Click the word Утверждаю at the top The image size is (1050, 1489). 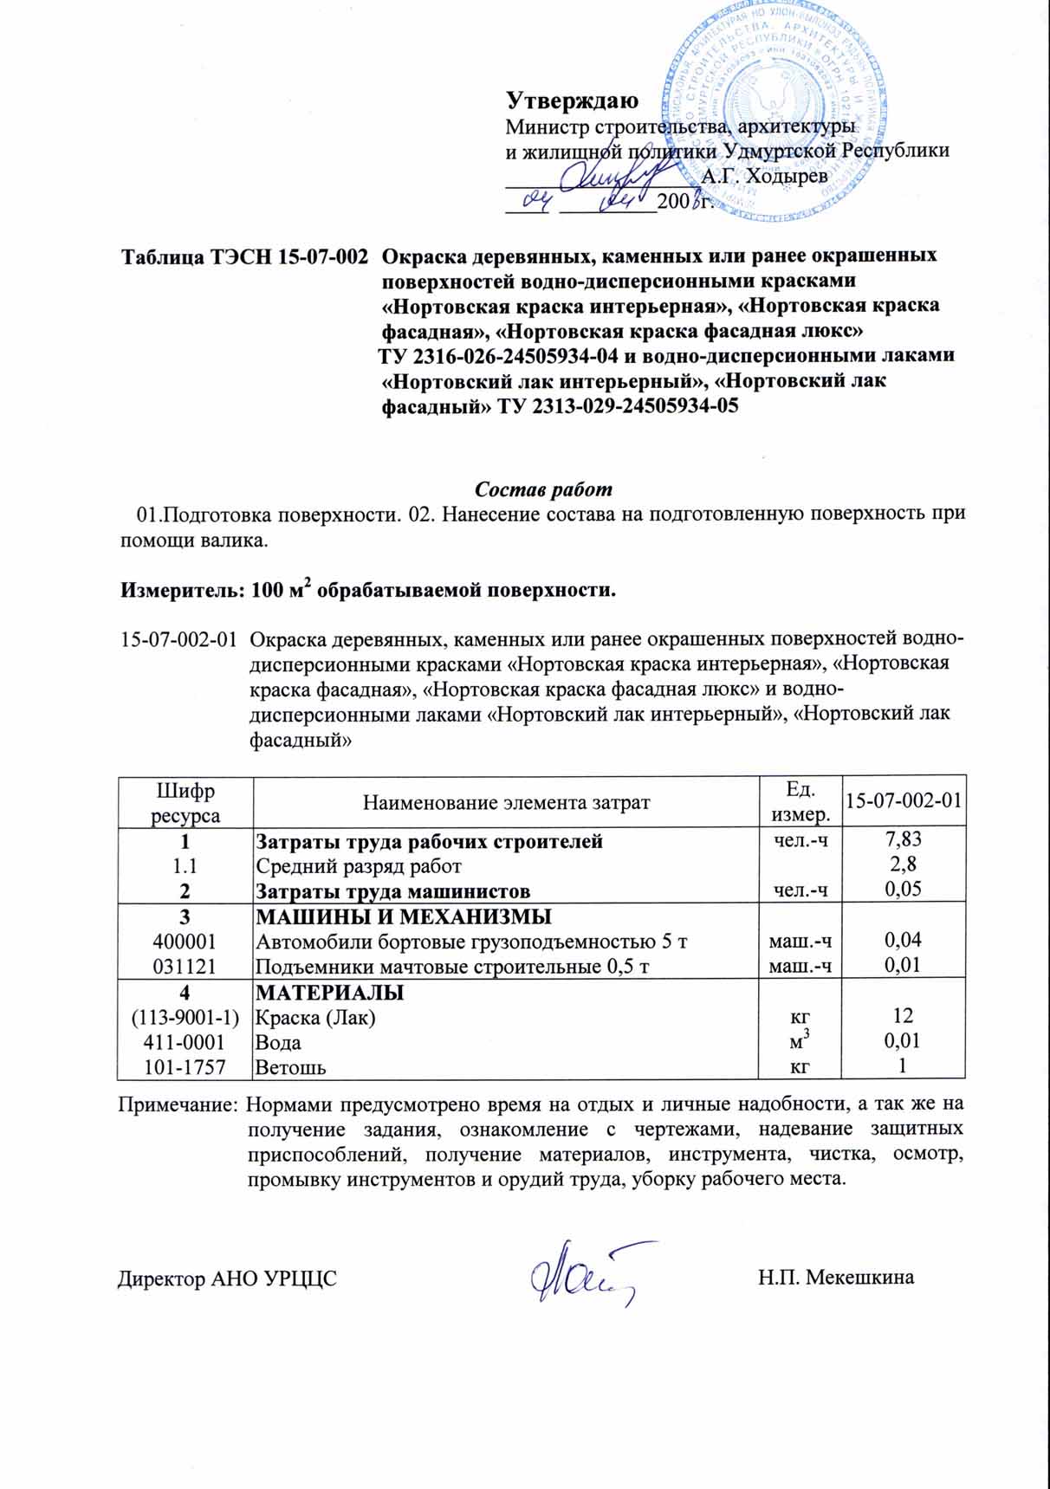point(572,100)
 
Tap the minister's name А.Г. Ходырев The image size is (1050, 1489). point(764,176)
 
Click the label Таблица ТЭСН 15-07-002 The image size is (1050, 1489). point(243,257)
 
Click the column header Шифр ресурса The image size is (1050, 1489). point(185,803)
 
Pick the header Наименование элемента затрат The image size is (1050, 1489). point(506,803)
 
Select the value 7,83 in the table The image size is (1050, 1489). point(903,839)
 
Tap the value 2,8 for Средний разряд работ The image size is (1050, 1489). point(903,864)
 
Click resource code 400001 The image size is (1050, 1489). point(185,941)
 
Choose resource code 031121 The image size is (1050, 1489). point(185,965)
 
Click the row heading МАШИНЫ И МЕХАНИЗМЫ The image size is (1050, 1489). point(403,916)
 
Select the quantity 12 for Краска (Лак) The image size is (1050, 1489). point(903,1017)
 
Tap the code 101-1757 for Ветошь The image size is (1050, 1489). point(185,1067)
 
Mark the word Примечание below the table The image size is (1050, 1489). point(178,1105)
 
